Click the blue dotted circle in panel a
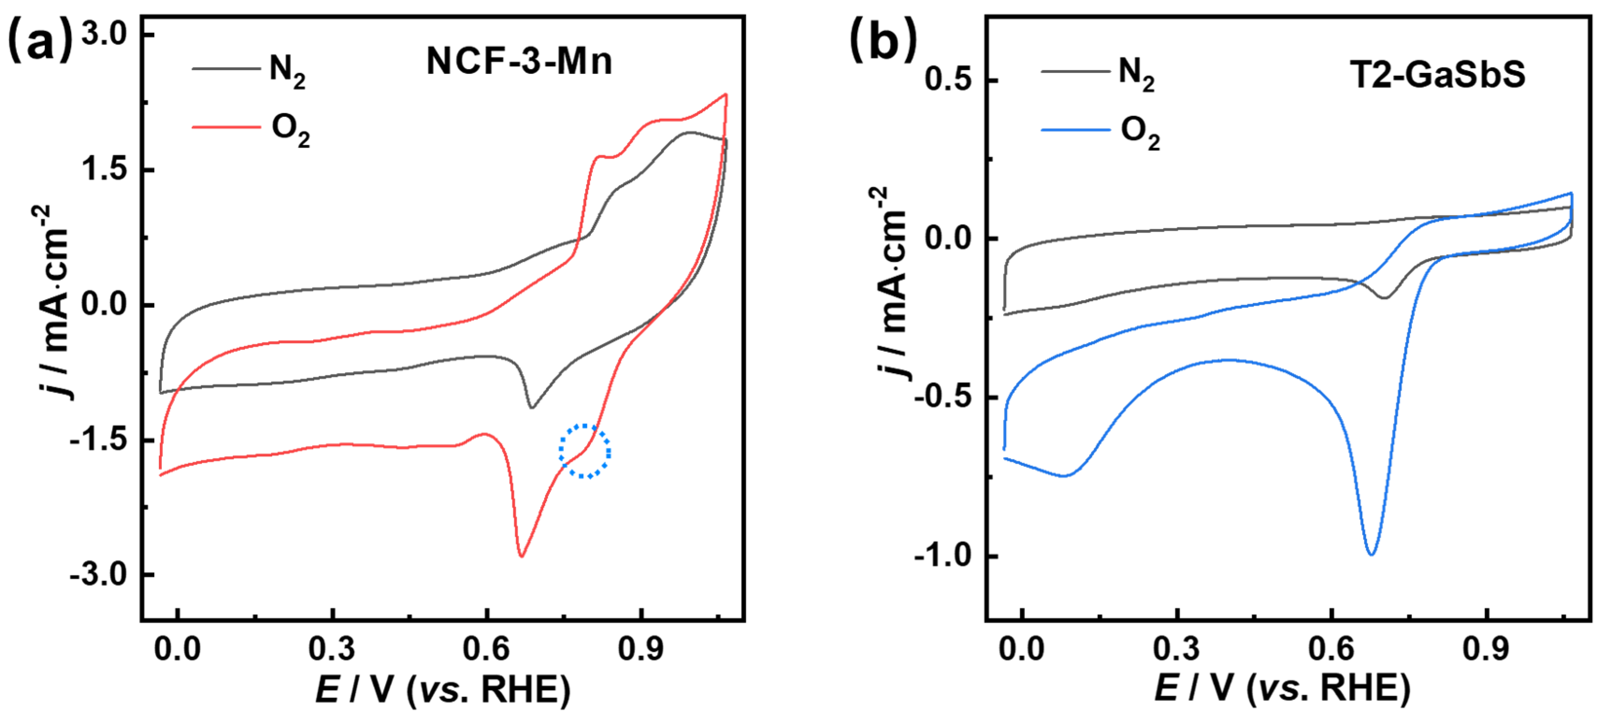(x=585, y=452)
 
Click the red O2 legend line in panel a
(x=226, y=127)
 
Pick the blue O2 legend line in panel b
(x=1075, y=130)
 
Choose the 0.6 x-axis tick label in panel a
(x=486, y=649)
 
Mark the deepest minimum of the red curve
(x=522, y=556)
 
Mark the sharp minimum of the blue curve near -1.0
(x=1371, y=554)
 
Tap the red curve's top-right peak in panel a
(x=725, y=95)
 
